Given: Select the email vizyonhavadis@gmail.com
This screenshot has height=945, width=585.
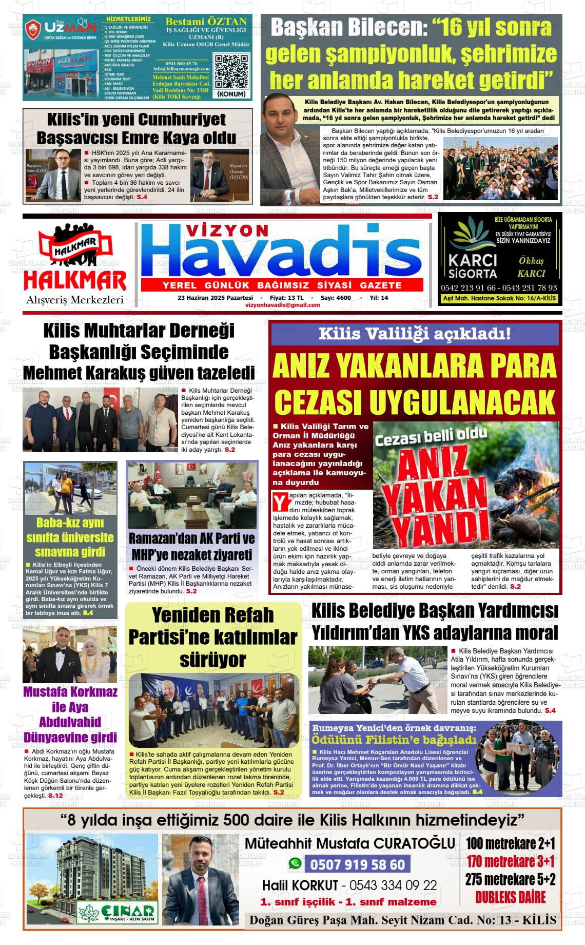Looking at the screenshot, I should pyautogui.click(x=283, y=305).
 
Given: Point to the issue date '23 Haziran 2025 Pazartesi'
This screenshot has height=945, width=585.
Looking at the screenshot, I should pyautogui.click(x=215, y=298).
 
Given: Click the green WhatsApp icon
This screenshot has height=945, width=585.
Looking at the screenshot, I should pyautogui.click(x=295, y=864).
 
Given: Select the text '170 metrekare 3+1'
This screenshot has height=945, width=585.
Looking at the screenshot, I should pyautogui.click(x=511, y=861).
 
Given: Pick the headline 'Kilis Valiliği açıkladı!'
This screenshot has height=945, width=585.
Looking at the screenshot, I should pyautogui.click(x=415, y=334).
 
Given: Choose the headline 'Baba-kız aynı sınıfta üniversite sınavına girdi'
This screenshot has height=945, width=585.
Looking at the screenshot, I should pyautogui.click(x=70, y=537).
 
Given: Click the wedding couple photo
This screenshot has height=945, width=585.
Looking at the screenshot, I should pyautogui.click(x=70, y=655).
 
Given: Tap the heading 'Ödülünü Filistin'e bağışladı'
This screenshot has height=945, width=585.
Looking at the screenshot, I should pyautogui.click(x=394, y=740).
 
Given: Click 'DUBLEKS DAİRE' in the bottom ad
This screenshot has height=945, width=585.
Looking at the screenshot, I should pyautogui.click(x=510, y=897).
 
